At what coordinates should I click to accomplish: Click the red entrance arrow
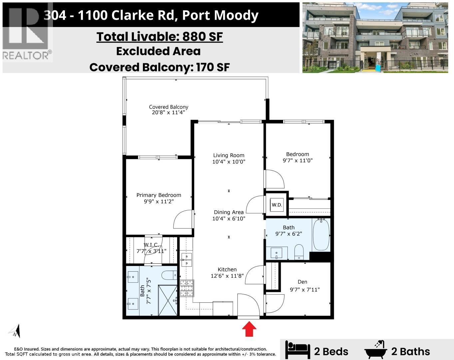[249, 330]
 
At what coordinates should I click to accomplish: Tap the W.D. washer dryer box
[276, 205]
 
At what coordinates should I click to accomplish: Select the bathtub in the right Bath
[321, 234]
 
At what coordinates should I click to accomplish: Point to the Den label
[302, 282]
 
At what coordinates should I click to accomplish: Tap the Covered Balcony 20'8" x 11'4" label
[169, 110]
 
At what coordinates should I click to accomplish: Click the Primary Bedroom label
[159, 198]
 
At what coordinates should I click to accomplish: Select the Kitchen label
[227, 272]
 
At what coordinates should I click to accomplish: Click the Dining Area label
[228, 215]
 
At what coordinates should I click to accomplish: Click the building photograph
[375, 37]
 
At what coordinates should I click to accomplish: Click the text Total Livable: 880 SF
[160, 36]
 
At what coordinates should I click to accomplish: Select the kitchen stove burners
[187, 288]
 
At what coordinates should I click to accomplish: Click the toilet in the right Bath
[299, 252]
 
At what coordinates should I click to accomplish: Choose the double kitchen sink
[186, 260]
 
